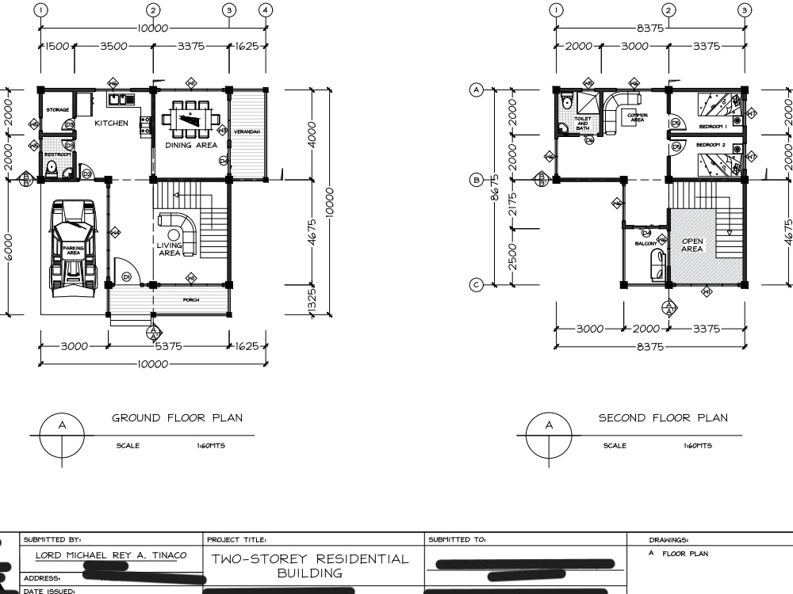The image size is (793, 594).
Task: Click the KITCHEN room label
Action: point(111,124)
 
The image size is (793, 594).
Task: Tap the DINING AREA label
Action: point(191,145)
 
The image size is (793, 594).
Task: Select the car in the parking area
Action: point(73,247)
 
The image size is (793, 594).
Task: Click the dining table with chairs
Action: point(191,117)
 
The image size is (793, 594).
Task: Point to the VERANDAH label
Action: point(247,131)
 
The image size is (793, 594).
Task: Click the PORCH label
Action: point(191,300)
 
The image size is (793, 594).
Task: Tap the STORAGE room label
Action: point(57,110)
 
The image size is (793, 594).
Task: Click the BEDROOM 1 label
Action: point(713,127)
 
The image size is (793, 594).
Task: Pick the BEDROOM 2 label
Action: point(711,146)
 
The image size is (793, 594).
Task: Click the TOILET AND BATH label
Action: point(583,124)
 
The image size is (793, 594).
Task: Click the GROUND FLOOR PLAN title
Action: point(177,418)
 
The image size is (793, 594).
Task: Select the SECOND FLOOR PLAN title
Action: point(662,418)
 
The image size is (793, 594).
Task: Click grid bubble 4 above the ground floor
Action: point(266,10)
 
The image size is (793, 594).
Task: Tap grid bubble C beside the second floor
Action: point(477,285)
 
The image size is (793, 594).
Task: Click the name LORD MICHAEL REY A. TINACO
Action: point(111,555)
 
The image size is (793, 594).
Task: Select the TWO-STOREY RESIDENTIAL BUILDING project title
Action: point(310,565)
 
